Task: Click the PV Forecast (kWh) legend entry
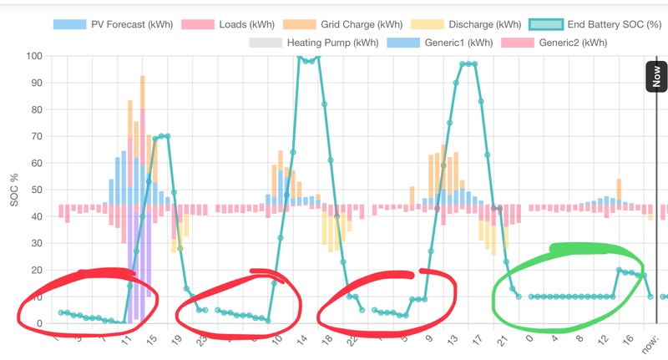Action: pos(113,24)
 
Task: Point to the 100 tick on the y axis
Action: pos(34,56)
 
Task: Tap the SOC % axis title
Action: pos(10,190)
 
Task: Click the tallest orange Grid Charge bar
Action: pos(143,92)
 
